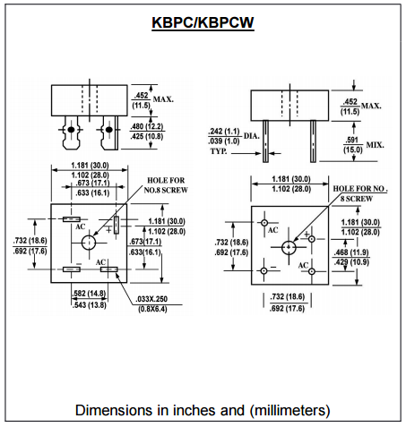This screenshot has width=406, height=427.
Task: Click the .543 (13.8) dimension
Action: coord(90,304)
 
